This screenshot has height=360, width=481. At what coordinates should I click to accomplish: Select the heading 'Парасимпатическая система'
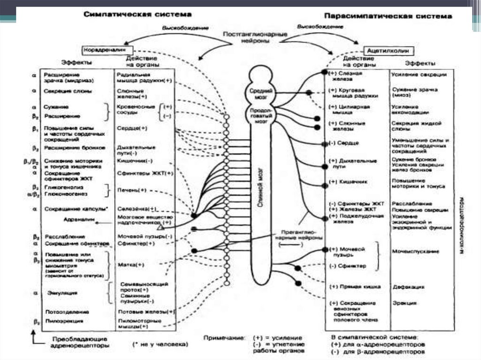click(388, 16)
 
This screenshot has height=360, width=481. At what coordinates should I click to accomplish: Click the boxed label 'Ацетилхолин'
click(389, 50)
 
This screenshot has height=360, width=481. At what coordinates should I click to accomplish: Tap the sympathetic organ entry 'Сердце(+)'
click(132, 128)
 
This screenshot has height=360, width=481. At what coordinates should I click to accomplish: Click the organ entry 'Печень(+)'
click(132, 190)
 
